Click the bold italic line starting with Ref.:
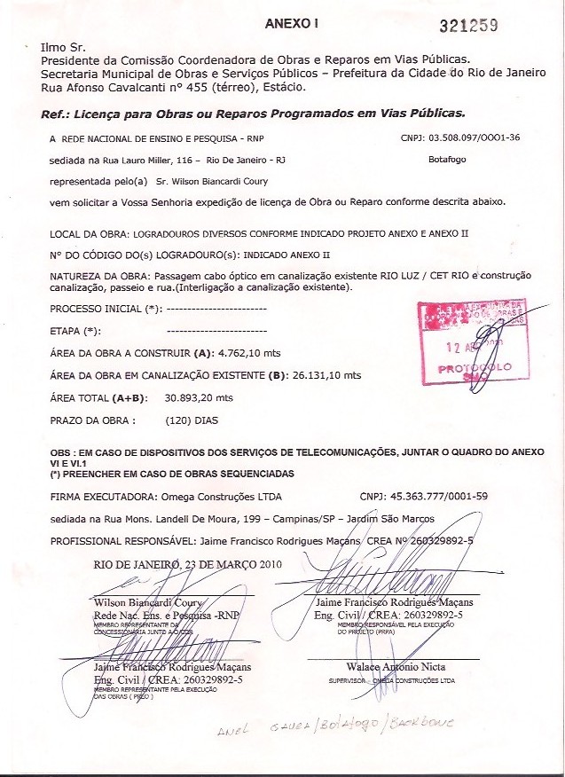[x=253, y=114]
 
